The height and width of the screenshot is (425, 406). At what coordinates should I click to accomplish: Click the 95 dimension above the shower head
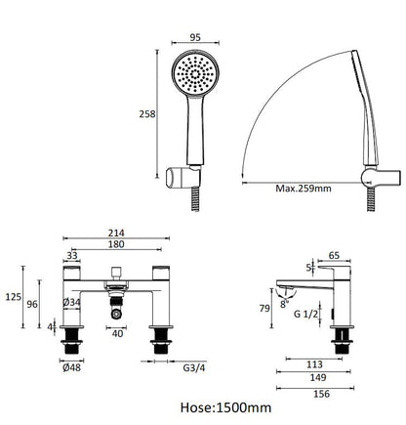point(195,37)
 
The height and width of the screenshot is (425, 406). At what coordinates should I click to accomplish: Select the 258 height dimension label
point(147,114)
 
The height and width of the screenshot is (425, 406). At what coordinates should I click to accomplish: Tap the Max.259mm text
point(304,189)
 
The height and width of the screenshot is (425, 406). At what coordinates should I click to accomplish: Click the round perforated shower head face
point(195,74)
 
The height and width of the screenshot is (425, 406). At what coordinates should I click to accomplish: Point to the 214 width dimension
point(116,233)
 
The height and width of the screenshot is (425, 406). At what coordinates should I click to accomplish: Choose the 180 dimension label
point(116,244)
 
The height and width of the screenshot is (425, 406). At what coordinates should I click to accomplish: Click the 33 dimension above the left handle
point(72,255)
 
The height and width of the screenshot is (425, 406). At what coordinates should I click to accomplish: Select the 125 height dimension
point(14,297)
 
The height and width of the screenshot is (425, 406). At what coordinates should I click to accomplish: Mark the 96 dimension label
point(32,304)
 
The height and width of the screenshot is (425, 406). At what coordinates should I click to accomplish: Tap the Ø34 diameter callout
point(71,302)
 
